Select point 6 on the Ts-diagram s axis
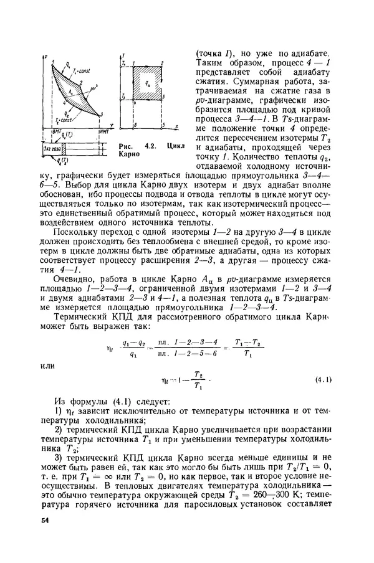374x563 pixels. tap(133, 126)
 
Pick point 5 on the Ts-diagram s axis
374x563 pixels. tap(161, 126)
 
